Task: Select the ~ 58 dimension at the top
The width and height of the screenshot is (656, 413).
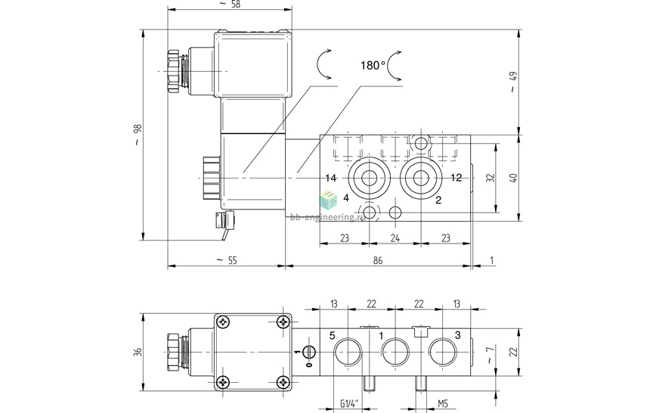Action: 229,5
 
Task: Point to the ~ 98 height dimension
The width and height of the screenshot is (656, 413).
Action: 136,135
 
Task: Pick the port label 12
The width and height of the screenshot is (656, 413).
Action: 455,179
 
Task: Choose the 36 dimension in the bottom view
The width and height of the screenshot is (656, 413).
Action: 137,352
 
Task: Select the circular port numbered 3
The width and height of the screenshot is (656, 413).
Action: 442,352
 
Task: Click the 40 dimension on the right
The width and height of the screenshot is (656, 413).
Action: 514,178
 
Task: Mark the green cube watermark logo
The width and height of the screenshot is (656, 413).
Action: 329,200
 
